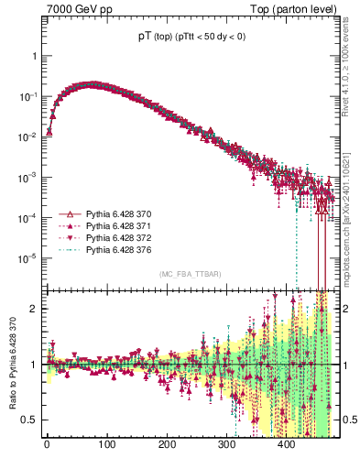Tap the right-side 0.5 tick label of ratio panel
point(348,420)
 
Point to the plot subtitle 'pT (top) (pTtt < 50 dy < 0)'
point(190,36)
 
